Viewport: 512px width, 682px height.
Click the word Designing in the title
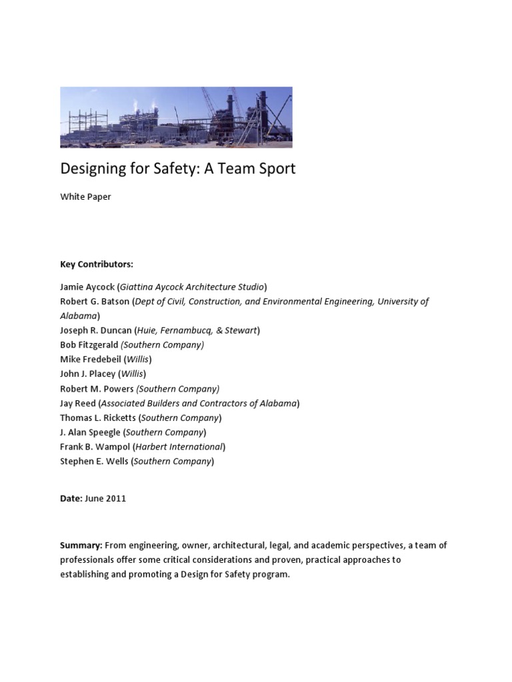pyautogui.click(x=91, y=169)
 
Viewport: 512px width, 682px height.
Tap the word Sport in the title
pyautogui.click(x=275, y=169)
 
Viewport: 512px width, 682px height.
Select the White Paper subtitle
pyautogui.click(x=85, y=197)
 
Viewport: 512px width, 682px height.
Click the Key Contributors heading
pyautogui.click(x=97, y=264)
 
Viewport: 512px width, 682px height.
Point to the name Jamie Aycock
pyautogui.click(x=87, y=287)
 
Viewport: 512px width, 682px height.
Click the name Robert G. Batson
pyautogui.click(x=95, y=302)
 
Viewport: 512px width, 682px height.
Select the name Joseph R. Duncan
pyautogui.click(x=95, y=330)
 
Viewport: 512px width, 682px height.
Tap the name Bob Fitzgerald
pyautogui.click(x=89, y=345)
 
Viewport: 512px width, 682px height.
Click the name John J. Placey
pyautogui.click(x=87, y=374)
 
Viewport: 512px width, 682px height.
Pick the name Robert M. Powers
pyautogui.click(x=97, y=389)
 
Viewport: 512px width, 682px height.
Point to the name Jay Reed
pyautogui.click(x=78, y=404)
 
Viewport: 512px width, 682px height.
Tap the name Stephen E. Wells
pyautogui.click(x=94, y=461)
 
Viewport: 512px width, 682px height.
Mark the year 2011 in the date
pyautogui.click(x=116, y=499)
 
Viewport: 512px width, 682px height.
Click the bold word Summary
pyautogui.click(x=81, y=545)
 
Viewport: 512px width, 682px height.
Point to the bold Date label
pyautogui.click(x=71, y=499)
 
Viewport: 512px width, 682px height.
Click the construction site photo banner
pyautogui.click(x=176, y=117)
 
